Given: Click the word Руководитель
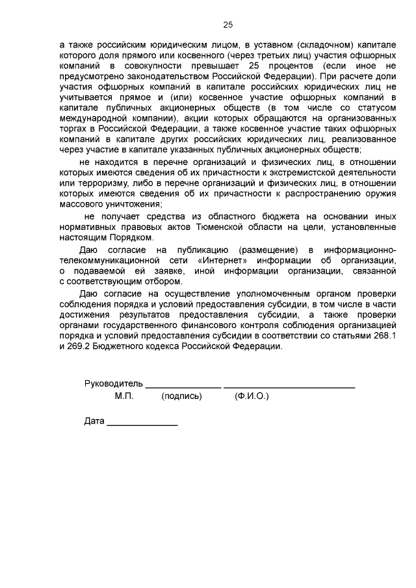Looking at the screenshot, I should click(x=114, y=384).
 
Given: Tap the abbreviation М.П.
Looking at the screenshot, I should click(x=124, y=396).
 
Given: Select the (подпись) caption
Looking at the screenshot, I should click(x=182, y=396).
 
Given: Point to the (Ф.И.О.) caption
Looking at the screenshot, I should click(x=252, y=396).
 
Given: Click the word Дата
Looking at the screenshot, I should click(x=94, y=420).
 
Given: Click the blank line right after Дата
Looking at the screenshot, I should click(x=142, y=422).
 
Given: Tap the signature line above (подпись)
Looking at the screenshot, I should click(x=183, y=386).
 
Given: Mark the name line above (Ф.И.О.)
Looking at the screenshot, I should click(x=289, y=386).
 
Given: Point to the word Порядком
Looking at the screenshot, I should click(x=136, y=238).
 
